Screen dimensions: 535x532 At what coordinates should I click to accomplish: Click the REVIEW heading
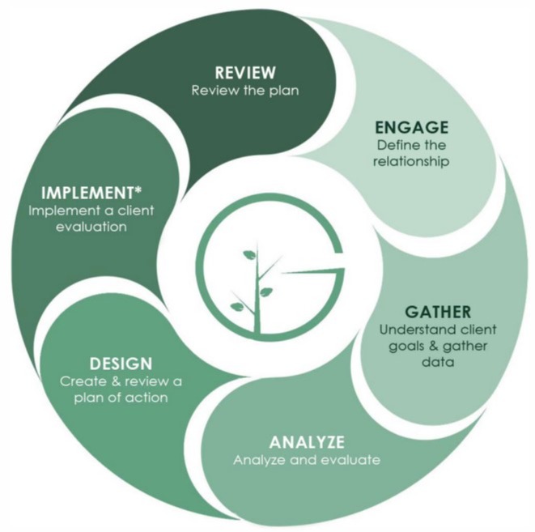point(244,71)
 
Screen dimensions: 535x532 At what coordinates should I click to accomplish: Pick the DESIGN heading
point(121,364)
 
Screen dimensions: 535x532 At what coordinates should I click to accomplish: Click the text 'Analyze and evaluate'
point(306,461)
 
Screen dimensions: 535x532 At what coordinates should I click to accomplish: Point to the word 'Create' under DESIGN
point(79,381)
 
